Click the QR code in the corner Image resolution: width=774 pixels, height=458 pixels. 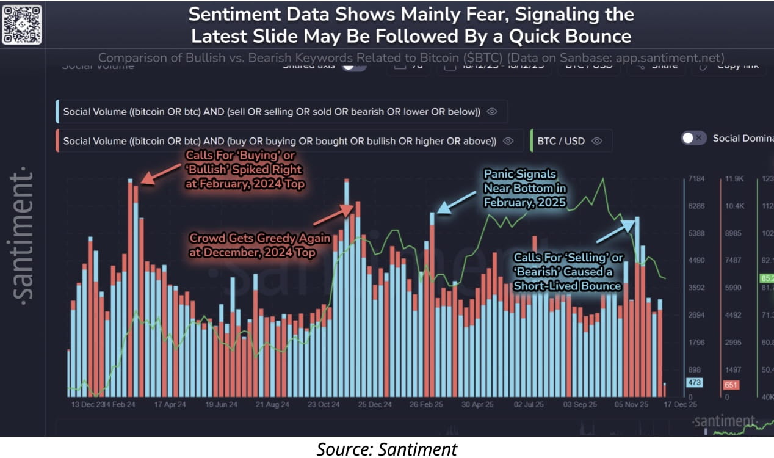[22, 24]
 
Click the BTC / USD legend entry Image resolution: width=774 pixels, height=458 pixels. [560, 141]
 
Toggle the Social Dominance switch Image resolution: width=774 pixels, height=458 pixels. [694, 138]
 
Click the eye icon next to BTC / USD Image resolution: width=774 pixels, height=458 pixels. [597, 141]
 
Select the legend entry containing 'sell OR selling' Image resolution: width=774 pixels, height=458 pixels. [271, 112]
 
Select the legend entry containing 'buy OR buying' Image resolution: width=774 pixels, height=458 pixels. [279, 141]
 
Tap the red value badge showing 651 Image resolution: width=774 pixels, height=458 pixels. [731, 385]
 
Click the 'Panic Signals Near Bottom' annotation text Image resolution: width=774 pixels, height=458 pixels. [525, 188]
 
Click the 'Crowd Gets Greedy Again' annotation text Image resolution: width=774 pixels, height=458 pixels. [259, 244]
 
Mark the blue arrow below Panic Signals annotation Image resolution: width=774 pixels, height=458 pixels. [457, 202]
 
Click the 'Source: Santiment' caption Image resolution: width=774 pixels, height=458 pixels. [386, 449]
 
